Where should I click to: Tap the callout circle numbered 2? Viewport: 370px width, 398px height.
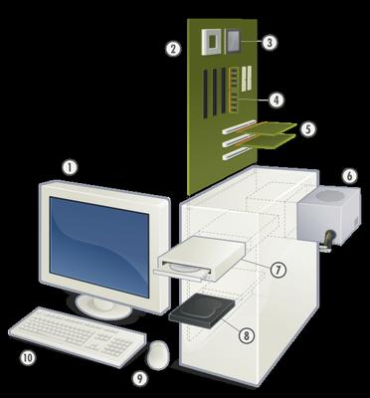pyautogui.click(x=173, y=48)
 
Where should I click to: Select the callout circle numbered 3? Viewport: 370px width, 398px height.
pyautogui.click(x=270, y=42)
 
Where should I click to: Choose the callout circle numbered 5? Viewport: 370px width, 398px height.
pyautogui.click(x=308, y=129)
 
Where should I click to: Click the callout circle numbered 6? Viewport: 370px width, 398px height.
pyautogui.click(x=348, y=176)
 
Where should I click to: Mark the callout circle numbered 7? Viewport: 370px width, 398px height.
pyautogui.click(x=279, y=270)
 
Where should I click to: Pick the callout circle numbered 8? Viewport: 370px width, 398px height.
pyautogui.click(x=246, y=336)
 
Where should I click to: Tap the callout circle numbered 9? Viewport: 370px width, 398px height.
pyautogui.click(x=140, y=377)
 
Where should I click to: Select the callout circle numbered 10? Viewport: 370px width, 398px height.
pyautogui.click(x=28, y=356)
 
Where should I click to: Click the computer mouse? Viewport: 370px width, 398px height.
pyautogui.click(x=157, y=353)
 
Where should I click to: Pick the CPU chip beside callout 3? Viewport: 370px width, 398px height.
pyautogui.click(x=237, y=40)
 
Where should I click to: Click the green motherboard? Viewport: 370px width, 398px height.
pyautogui.click(x=214, y=109)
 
